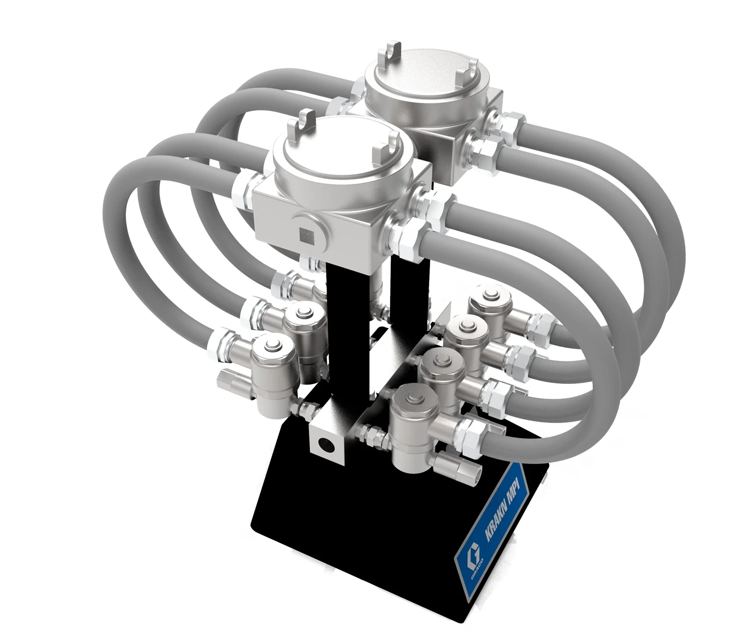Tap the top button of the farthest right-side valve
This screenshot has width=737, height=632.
tap(491, 294)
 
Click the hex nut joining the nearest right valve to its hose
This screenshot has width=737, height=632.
tap(468, 432)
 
